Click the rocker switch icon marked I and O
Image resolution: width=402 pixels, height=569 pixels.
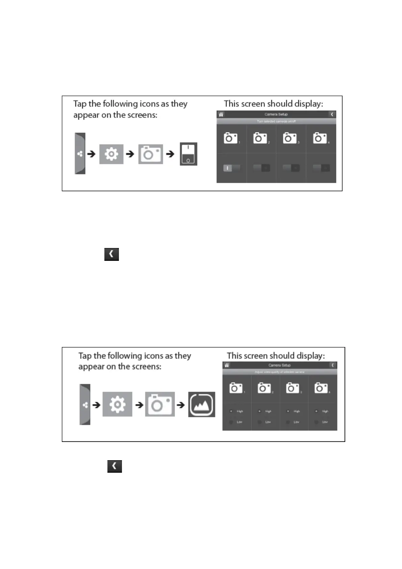[x=188, y=154]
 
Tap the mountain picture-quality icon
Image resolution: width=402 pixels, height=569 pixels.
[x=202, y=404]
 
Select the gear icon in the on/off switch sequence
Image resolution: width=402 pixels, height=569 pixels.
[x=111, y=154]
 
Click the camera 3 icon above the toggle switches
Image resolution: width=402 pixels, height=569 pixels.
[x=290, y=138]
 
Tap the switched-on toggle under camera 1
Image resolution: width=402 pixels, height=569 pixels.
[x=231, y=168]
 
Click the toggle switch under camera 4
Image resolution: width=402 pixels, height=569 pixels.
[x=321, y=168]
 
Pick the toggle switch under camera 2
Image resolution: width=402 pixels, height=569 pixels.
[x=261, y=168]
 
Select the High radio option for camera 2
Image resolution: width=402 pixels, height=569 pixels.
[x=260, y=411]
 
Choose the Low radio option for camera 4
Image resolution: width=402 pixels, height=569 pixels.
[x=317, y=422]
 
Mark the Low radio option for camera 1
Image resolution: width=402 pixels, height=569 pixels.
[x=231, y=422]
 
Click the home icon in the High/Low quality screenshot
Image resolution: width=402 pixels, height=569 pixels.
[x=227, y=365]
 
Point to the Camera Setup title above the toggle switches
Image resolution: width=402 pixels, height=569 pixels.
[x=276, y=114]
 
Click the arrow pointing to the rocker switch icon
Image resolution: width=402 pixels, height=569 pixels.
[x=170, y=154]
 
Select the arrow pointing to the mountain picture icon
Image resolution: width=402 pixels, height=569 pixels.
[x=181, y=404]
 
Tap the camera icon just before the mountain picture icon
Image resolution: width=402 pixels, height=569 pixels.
[x=160, y=404]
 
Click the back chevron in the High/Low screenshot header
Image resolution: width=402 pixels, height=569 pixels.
[x=333, y=365]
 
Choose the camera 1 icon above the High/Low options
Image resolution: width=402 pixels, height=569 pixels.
[x=236, y=388]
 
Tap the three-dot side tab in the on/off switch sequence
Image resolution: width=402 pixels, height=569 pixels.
[x=80, y=154]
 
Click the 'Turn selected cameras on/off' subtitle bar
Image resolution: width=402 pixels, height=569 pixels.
[x=276, y=121]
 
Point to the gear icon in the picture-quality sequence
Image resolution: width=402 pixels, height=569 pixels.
[x=117, y=404]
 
